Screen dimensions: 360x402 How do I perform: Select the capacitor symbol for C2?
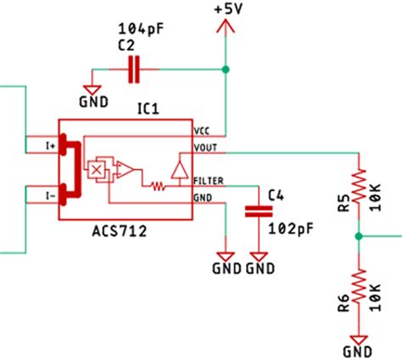pos(133,70)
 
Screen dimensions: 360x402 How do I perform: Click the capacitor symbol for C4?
pos(253,212)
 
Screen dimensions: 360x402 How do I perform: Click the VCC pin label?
pos(202,132)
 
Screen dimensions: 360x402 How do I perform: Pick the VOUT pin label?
pos(205,147)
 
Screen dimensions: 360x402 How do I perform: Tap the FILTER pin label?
pos(209,182)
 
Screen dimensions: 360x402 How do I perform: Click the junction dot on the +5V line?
pos(226,69)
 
